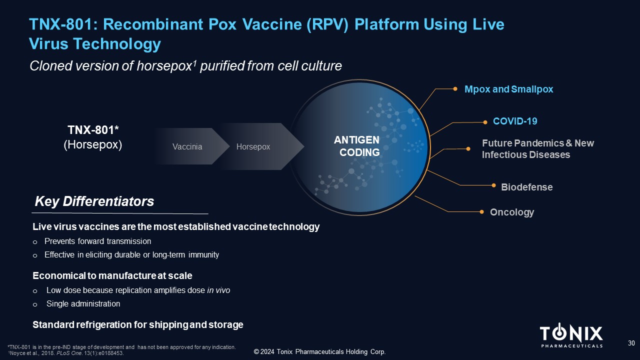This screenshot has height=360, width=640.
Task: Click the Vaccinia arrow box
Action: (187, 146)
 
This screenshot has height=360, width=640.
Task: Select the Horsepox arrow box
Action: (253, 146)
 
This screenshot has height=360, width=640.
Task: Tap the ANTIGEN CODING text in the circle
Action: (356, 146)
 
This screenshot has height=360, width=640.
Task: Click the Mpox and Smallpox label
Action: (509, 89)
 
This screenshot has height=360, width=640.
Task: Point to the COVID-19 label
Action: (515, 121)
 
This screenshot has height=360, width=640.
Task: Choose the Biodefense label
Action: (526, 187)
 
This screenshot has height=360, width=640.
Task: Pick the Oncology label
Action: (512, 212)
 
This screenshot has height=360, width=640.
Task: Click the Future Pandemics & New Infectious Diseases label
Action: (537, 149)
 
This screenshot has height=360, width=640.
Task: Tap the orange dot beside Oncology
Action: (481, 212)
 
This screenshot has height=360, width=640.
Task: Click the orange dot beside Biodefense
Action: (493, 185)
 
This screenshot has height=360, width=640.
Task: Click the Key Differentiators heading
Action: (94, 202)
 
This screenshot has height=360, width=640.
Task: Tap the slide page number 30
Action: (631, 343)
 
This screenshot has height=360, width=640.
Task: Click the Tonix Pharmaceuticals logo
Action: (571, 336)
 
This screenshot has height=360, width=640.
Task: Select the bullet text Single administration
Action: (83, 303)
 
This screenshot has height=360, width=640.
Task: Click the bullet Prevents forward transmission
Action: (97, 241)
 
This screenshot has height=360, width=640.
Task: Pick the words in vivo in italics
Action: (218, 290)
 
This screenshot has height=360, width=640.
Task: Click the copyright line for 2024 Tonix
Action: (319, 352)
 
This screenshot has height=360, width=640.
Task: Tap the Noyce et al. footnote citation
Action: (65, 353)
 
